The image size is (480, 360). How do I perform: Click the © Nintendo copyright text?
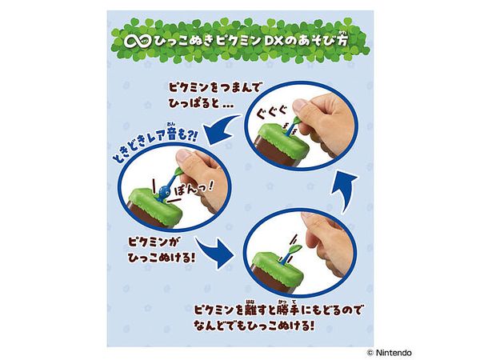tap(389, 353)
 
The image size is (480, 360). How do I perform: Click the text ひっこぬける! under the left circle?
tap(162, 258)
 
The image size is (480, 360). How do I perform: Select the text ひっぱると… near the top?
tap(201, 103)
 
